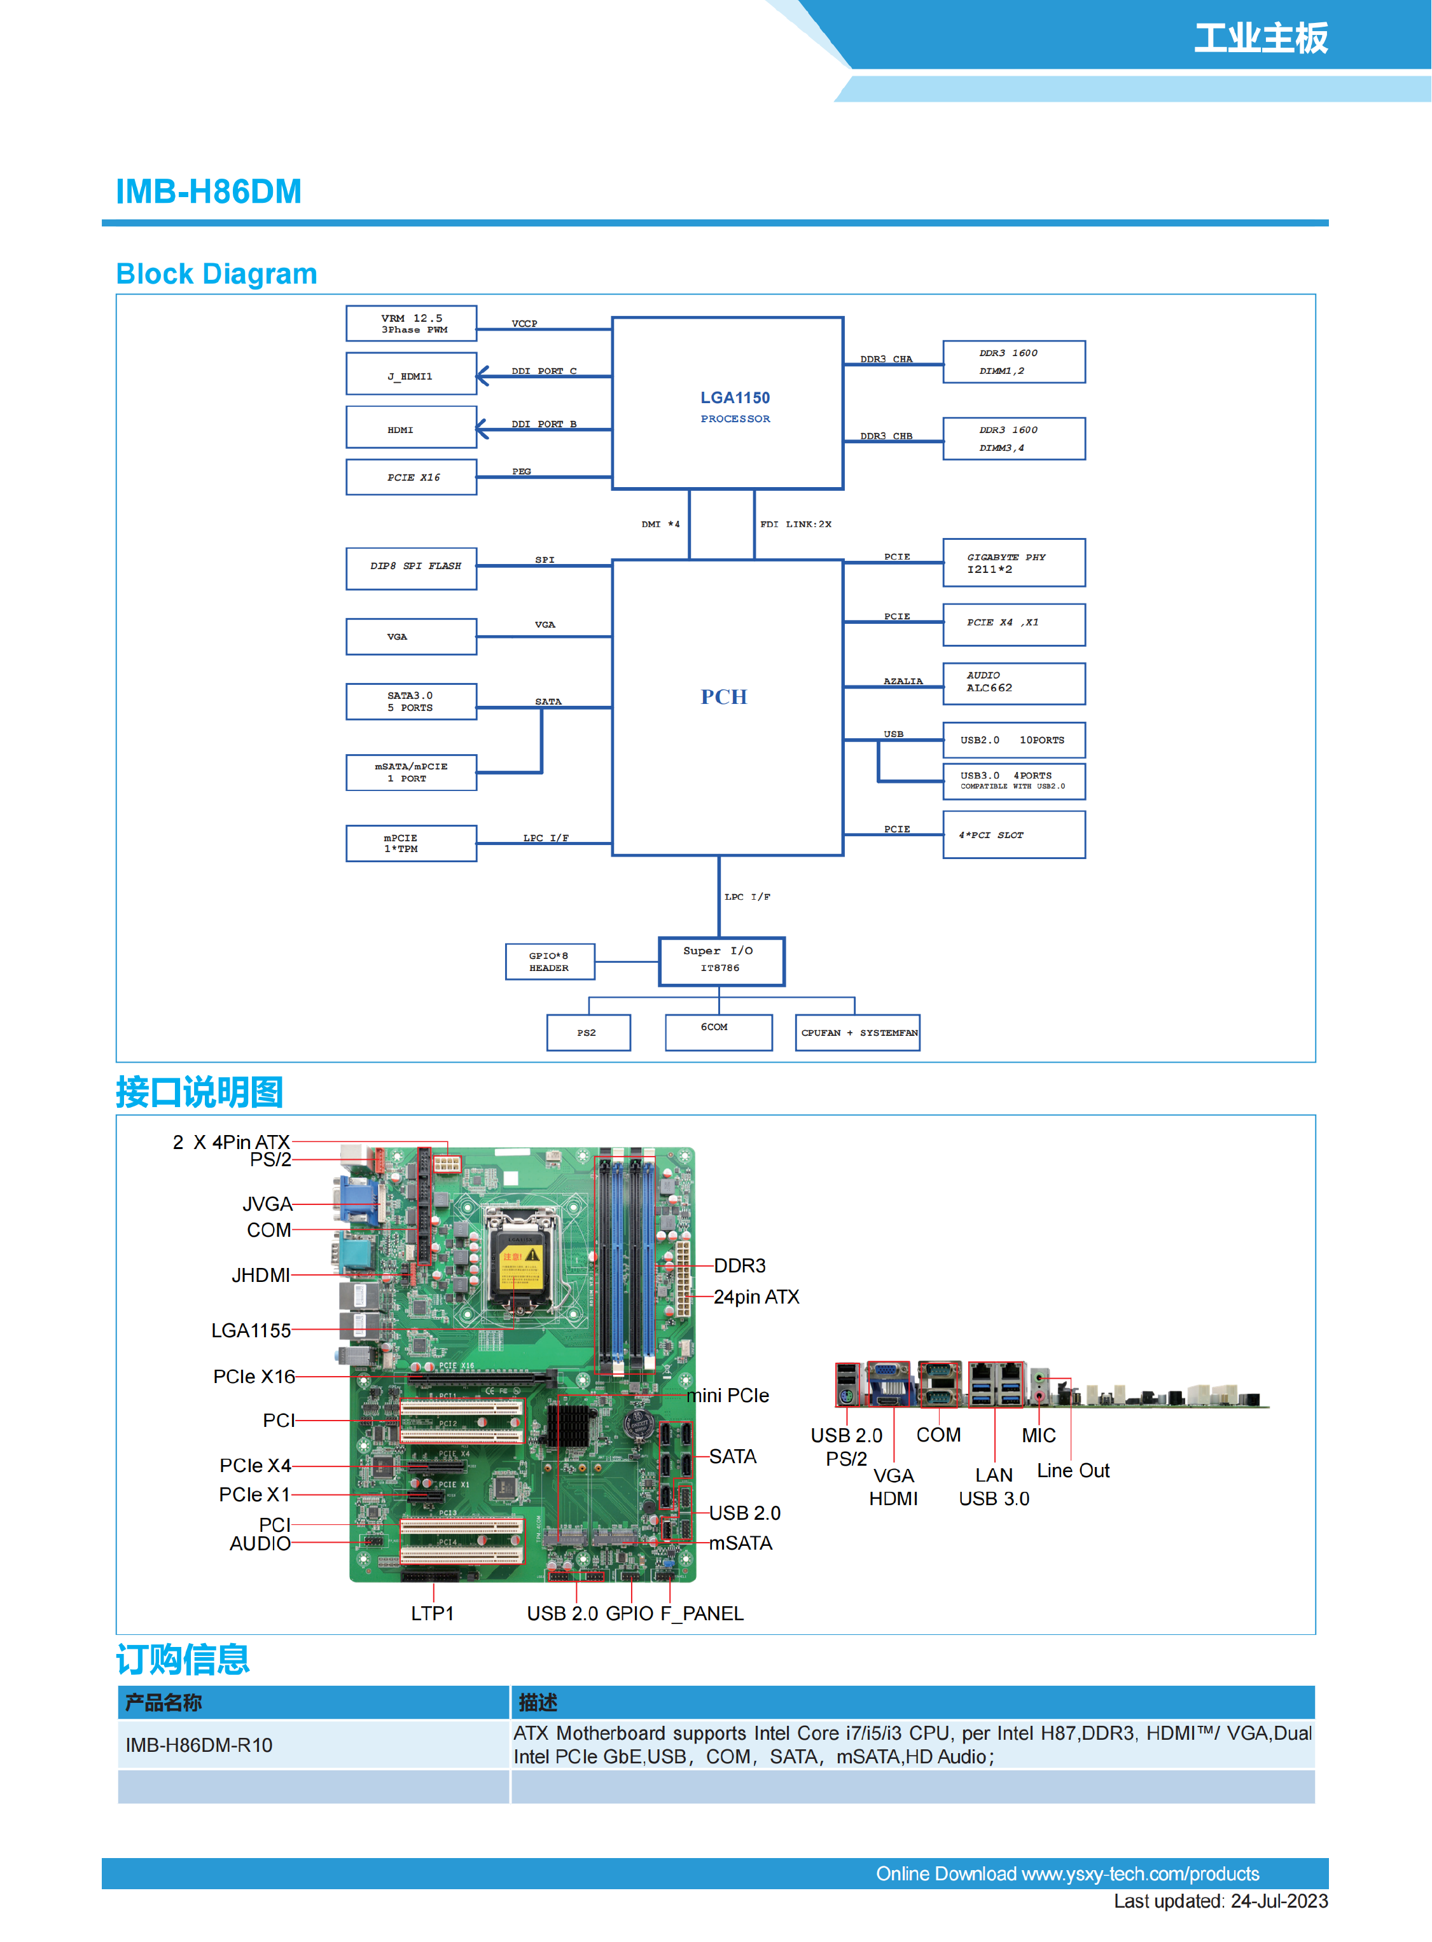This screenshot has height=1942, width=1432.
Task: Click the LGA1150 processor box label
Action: click(735, 399)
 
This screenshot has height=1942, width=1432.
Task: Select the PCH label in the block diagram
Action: click(724, 697)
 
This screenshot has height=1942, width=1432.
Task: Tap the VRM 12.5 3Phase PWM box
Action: click(412, 323)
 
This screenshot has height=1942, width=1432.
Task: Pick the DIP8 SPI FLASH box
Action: click(412, 568)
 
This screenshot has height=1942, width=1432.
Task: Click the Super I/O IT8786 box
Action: click(721, 961)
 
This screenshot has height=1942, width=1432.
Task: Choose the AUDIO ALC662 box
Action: click(1013, 684)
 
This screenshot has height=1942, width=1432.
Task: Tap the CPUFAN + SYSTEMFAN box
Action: click(858, 1033)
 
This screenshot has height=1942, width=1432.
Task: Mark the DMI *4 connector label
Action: click(660, 524)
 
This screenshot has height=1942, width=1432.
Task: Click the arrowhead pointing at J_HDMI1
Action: click(483, 376)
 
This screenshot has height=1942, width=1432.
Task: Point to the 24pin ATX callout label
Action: click(756, 1297)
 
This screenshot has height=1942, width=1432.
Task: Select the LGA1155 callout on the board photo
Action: click(251, 1330)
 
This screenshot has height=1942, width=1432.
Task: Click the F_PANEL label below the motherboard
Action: click(702, 1614)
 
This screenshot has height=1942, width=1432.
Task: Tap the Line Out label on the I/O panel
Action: click(1073, 1471)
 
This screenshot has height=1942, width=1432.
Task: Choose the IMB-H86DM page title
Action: click(209, 191)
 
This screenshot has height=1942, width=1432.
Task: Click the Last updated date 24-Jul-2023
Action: click(1279, 1901)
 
